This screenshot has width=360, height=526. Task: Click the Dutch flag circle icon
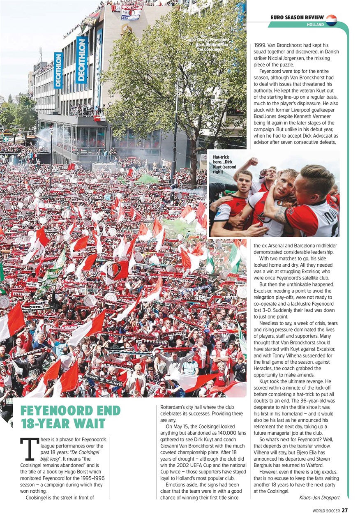[x=331, y=20]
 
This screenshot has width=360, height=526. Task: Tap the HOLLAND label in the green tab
[x=315, y=25]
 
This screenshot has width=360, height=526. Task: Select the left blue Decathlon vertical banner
[x=59, y=70]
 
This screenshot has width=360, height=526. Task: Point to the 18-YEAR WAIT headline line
[x=63, y=424]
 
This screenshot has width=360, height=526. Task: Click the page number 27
[x=344, y=510]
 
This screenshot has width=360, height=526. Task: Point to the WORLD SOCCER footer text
[x=325, y=510]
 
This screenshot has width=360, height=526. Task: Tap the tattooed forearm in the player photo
[x=282, y=214]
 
